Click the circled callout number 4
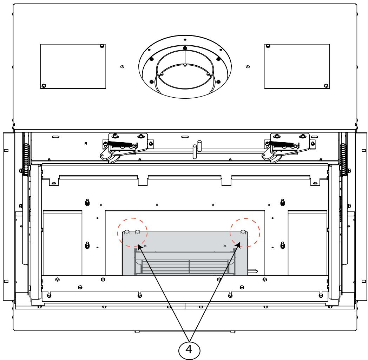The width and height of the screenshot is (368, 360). coord(189,350)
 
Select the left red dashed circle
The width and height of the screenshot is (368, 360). coord(118,233)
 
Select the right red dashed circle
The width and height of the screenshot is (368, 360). coord(260,233)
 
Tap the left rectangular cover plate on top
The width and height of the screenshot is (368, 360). coord(73,66)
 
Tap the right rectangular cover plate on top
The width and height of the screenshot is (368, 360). coord(297,66)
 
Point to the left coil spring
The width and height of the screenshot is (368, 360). coord(26,159)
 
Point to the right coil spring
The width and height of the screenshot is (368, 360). coord(343,159)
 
